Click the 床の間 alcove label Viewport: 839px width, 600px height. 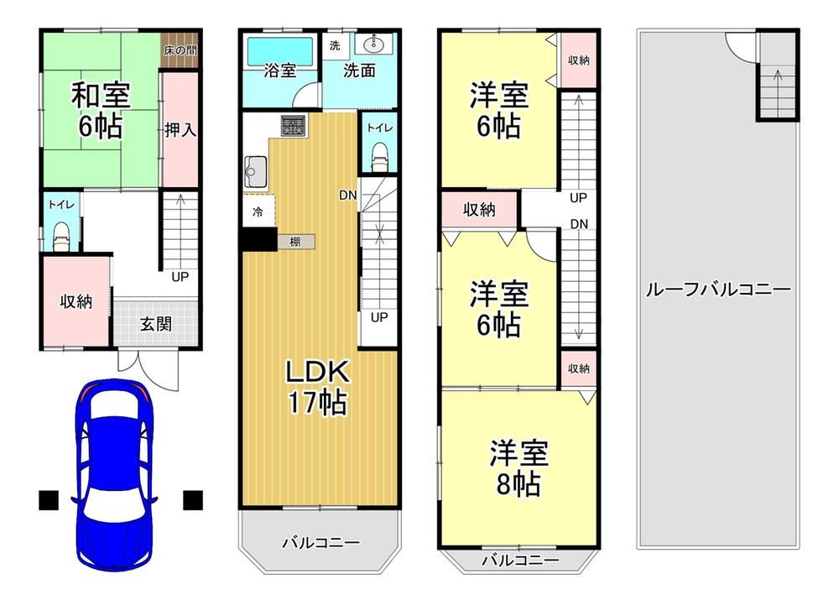coord(180,50)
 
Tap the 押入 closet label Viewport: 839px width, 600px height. coord(180,129)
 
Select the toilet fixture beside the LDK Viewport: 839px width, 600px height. coord(379,155)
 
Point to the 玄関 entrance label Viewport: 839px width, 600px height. coord(156,324)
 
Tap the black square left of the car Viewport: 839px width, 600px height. coord(48,500)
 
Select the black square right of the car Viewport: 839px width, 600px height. coord(193,500)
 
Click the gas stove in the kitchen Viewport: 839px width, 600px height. coord(293,127)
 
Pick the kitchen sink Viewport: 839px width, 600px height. coord(256,171)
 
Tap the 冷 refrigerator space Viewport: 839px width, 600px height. coord(258,211)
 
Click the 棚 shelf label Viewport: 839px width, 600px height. coord(294,242)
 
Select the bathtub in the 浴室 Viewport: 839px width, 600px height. coord(280,52)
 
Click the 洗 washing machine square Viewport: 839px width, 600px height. coord(335,45)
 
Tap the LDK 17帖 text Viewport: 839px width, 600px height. coord(318,387)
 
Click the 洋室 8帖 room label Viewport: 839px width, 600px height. coord(519,468)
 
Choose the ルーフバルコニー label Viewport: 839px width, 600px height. coord(718,290)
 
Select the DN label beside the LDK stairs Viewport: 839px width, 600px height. coord(348,196)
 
